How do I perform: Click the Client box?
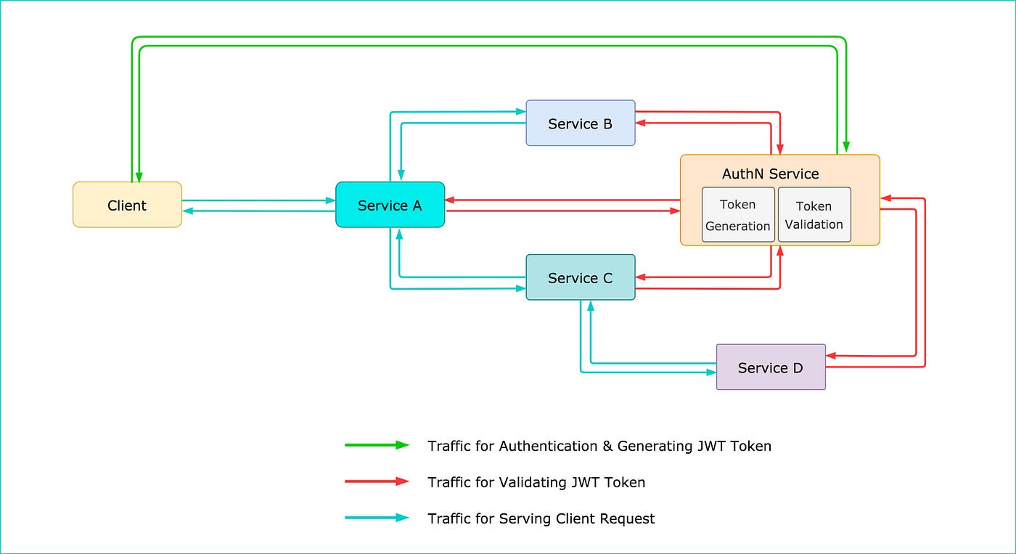point(127,205)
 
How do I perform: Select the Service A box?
point(390,205)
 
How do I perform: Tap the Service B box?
point(580,123)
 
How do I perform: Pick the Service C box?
point(580,277)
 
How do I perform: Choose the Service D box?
point(770,367)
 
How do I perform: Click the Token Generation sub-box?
point(737,215)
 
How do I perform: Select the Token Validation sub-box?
point(814,215)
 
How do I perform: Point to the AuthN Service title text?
point(770,174)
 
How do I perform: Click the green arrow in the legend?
point(377,445)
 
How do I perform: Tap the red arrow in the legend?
point(377,481)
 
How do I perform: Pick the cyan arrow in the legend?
point(377,518)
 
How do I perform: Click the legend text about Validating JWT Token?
point(536,482)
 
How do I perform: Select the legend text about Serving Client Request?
point(541,518)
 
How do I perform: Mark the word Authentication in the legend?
point(545,446)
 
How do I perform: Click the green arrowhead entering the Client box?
point(139,177)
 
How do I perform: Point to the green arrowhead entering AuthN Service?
point(846,149)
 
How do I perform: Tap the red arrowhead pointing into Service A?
point(450,200)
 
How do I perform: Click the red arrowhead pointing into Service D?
point(831,356)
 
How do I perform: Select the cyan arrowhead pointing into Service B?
point(520,112)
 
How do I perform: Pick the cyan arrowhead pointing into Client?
point(187,211)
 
